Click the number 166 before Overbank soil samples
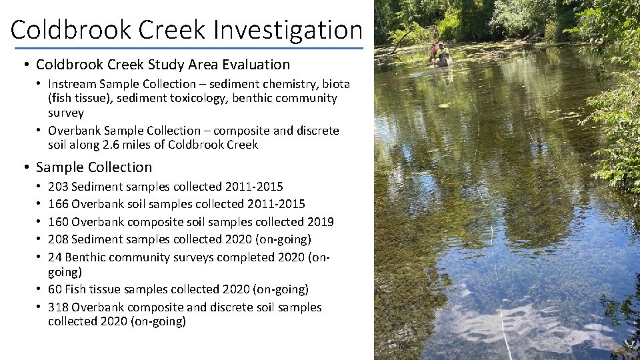[x=58, y=204]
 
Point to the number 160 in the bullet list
[x=58, y=221]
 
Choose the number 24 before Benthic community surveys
[x=55, y=257]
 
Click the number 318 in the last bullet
[x=58, y=307]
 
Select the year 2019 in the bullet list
[x=321, y=221]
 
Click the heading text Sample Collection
[x=94, y=167]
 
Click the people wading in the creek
[x=440, y=53]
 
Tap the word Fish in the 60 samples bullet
[x=83, y=289]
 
